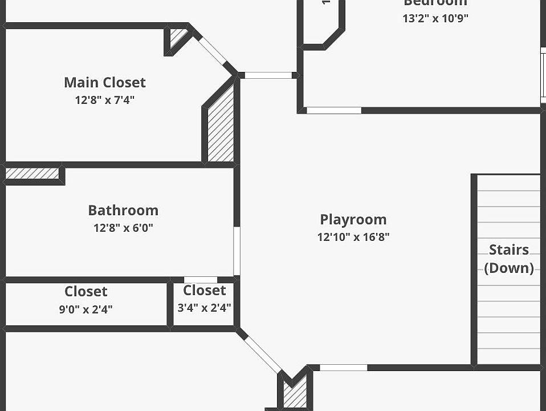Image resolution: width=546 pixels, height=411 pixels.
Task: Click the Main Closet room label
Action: click(x=105, y=82)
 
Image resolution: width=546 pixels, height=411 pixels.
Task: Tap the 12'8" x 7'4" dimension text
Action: click(x=105, y=100)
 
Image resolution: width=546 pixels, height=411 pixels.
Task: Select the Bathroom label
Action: click(x=123, y=210)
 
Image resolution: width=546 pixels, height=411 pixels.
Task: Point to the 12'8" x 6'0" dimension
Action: click(x=123, y=228)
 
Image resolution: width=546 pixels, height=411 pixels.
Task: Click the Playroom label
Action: click(x=353, y=219)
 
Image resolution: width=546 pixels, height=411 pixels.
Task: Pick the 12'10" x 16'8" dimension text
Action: click(x=353, y=237)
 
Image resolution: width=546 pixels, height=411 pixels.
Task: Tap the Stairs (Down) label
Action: click(x=508, y=259)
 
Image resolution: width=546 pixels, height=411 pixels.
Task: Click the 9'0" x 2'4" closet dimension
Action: click(x=86, y=309)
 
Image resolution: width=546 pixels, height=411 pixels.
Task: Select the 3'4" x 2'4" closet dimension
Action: click(x=204, y=308)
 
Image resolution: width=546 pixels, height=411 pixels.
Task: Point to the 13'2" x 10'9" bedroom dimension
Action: click(x=435, y=18)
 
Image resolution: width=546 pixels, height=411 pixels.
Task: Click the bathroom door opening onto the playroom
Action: click(x=237, y=251)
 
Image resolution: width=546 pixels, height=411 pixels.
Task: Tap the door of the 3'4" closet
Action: click(x=201, y=280)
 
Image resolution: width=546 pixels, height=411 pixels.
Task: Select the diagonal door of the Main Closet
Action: click(x=213, y=50)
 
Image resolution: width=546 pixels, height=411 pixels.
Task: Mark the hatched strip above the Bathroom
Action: click(x=32, y=173)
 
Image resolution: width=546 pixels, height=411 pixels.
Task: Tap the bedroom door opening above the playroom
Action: click(x=334, y=110)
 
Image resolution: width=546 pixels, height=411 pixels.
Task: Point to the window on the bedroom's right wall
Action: click(x=543, y=78)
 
